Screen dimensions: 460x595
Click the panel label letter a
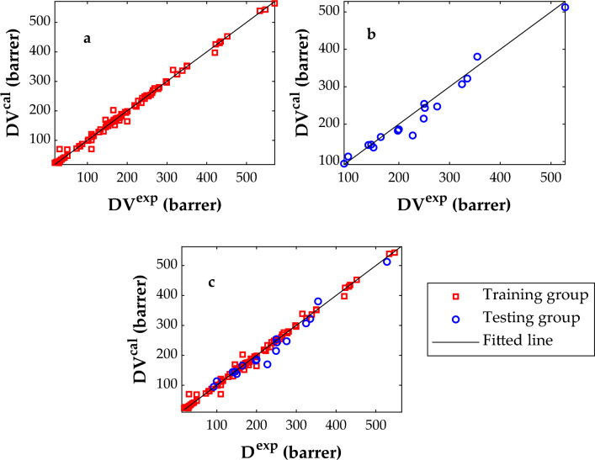tap(88, 39)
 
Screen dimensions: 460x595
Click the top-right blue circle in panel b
tap(566, 8)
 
